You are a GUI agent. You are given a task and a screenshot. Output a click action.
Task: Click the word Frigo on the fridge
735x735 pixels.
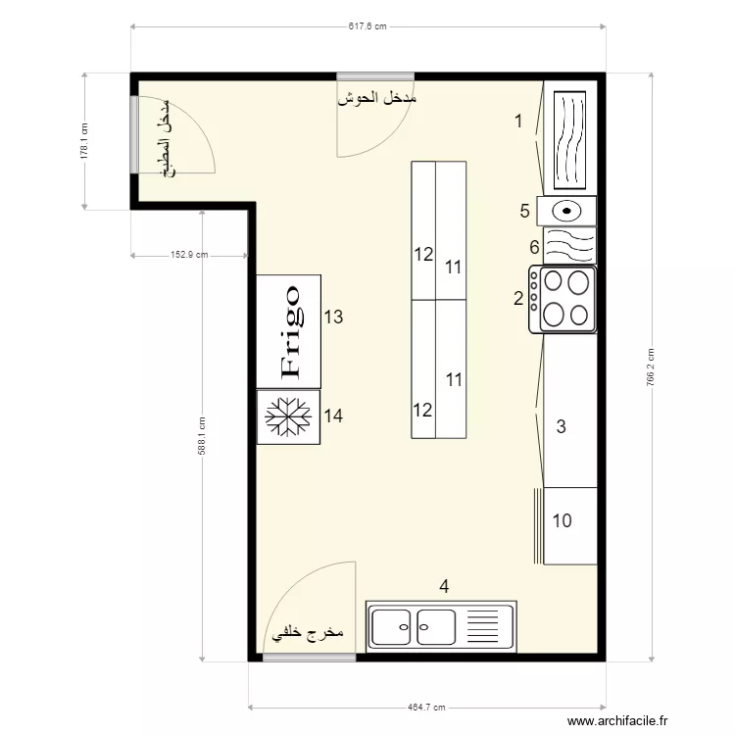pos(291,332)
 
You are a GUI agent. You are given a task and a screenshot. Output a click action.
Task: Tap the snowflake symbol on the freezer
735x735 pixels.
pos(288,416)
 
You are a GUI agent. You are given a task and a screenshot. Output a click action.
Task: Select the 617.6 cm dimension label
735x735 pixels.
pos(367,26)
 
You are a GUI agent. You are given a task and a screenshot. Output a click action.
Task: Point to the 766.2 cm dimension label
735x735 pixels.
pos(651,367)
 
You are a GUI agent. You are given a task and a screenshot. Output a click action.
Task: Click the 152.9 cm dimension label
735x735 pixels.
pos(189,255)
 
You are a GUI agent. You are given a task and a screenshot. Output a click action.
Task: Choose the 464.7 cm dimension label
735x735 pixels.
pos(426,707)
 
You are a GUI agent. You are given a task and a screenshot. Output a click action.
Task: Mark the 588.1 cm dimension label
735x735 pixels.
pos(202,436)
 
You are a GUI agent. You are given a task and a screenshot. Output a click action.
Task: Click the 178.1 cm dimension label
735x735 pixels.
pos(84,141)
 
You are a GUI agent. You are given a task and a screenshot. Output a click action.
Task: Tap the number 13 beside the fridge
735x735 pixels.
pos(333,317)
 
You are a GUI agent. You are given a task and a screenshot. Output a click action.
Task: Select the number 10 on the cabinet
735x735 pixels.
pos(563,520)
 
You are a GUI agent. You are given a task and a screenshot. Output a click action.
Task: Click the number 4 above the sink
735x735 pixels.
pos(444,586)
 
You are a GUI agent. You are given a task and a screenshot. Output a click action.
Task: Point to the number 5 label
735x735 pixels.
pos(524,211)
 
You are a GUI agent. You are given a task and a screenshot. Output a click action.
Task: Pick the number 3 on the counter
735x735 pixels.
pos(561,426)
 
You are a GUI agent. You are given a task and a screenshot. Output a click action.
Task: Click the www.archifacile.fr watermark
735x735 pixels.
pos(617,720)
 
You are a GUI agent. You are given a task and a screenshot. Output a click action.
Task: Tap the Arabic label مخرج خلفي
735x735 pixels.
pos(308,633)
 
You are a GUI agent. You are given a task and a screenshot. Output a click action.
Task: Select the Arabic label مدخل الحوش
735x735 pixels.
pos(377,98)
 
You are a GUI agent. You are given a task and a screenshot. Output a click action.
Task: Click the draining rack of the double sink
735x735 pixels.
pos(483,627)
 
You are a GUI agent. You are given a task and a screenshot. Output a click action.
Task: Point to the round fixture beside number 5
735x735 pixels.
pos(566,211)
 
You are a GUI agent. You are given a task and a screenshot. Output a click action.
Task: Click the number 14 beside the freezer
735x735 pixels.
pos(333,416)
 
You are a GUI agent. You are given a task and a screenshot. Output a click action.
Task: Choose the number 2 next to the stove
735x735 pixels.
pos(518,298)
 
